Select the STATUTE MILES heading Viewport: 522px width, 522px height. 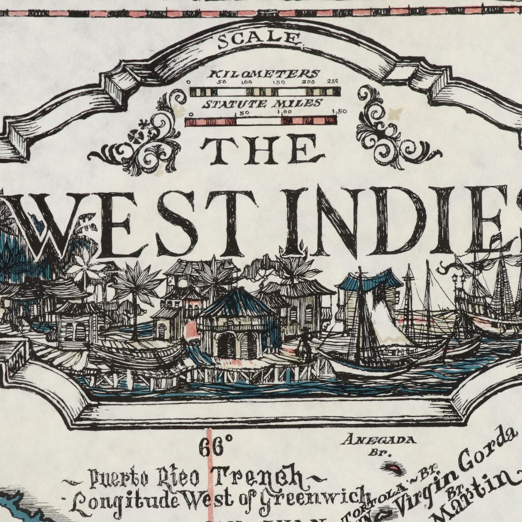click(x=262, y=104)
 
